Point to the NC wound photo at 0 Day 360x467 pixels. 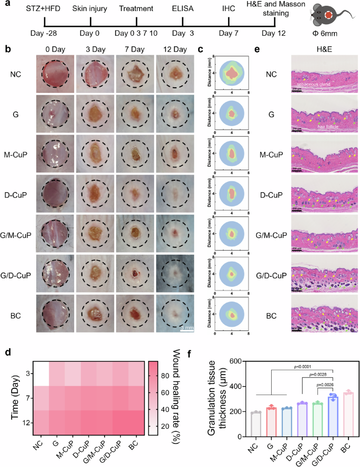pyautogui.click(x=53, y=75)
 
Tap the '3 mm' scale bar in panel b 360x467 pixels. pyautogui.click(x=187, y=327)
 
